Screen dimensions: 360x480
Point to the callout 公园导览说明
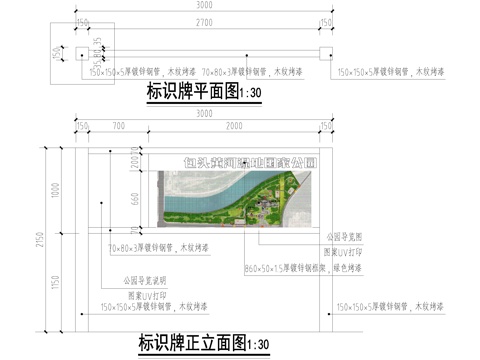(142, 281)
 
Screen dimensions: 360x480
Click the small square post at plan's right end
(325, 53)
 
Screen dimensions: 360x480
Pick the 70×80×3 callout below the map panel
(159, 247)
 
